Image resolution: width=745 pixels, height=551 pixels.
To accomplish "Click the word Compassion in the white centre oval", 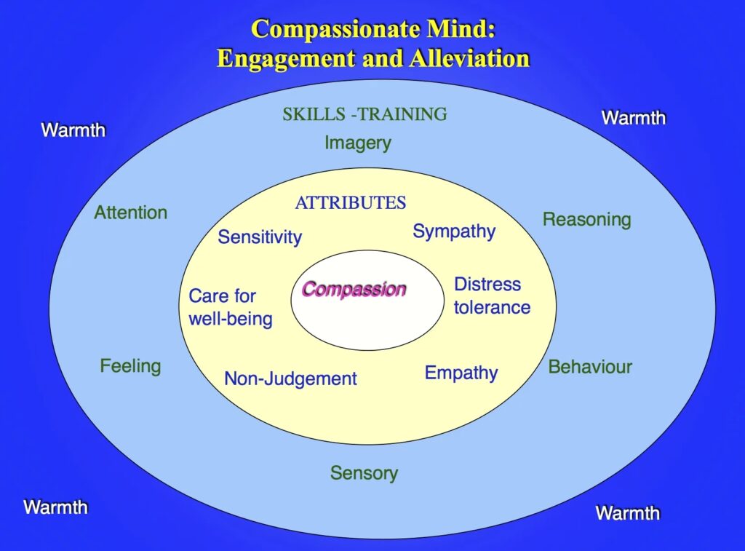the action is [354, 289].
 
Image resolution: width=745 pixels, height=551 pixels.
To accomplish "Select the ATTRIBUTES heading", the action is [351, 203].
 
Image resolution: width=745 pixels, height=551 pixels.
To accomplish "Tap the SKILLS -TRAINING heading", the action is [365, 114].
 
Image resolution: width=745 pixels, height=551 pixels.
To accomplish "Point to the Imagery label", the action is [358, 143].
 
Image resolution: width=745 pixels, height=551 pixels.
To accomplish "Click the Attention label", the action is [131, 213].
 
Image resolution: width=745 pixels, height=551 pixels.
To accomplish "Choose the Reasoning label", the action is [587, 220].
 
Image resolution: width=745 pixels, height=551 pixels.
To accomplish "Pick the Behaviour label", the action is [590, 367].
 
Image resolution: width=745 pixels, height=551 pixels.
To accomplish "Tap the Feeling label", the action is [131, 367].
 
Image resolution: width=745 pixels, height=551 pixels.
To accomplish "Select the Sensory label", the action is [364, 474].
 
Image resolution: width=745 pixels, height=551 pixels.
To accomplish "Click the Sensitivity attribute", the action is [260, 237].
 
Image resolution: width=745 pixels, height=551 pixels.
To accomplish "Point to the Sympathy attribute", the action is [454, 232].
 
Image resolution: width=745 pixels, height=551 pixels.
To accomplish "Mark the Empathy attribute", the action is [461, 373].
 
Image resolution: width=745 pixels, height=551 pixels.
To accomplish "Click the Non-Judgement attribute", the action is [291, 379].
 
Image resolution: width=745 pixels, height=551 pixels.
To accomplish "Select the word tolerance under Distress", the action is [493, 307].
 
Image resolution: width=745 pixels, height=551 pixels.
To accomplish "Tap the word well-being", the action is [231, 319].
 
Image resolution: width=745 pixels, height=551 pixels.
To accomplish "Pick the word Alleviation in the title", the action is [469, 58].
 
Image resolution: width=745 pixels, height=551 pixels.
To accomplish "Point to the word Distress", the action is [487, 285].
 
